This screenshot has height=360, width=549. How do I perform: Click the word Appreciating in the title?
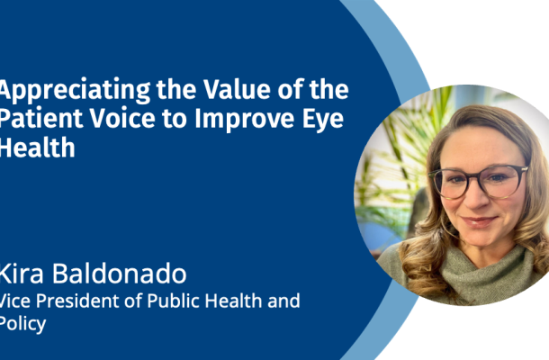click(x=76, y=91)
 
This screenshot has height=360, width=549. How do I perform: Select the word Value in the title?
click(x=237, y=89)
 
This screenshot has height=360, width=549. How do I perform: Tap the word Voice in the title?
click(x=122, y=119)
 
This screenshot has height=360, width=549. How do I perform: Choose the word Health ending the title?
click(x=37, y=148)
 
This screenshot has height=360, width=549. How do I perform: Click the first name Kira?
click(x=22, y=274)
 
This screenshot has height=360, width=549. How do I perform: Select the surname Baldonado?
click(x=120, y=274)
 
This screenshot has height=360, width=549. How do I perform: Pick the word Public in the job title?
click(x=173, y=301)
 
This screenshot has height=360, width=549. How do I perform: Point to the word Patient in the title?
click(x=41, y=119)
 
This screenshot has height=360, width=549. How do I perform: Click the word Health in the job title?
click(x=233, y=301)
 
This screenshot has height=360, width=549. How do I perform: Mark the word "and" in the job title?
click(x=283, y=301)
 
